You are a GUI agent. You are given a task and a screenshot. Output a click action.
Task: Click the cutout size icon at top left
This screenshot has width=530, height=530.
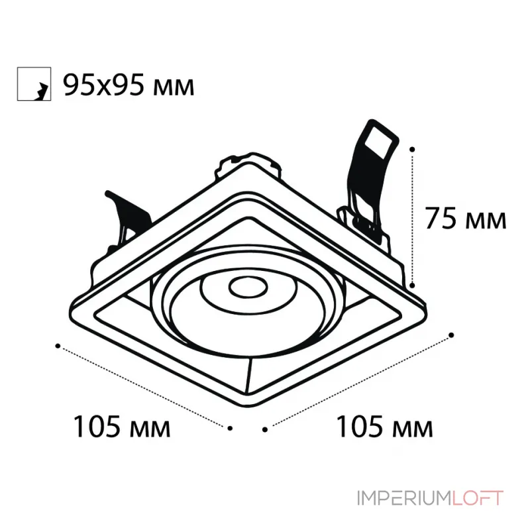coord(34,84)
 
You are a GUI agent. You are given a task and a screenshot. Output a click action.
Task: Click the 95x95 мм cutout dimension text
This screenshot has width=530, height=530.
coord(129,85)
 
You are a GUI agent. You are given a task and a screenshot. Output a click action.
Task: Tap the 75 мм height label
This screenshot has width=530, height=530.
coord(466,218)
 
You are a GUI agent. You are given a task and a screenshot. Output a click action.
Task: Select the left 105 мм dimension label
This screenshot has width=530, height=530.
coord(122,426)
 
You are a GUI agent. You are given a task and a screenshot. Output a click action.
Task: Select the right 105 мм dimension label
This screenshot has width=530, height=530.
coord(385,426)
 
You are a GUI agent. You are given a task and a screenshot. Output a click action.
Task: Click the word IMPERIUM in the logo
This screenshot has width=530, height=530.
coord(404,498)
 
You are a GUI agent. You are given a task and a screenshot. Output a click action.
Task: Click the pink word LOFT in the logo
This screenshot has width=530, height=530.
coord(478,498)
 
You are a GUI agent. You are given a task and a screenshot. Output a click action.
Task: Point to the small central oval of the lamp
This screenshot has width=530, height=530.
coord(248,288)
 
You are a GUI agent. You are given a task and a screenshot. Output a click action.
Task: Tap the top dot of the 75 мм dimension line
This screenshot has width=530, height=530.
coord(412,149)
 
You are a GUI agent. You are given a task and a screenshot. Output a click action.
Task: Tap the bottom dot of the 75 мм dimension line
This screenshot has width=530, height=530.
coord(412,286)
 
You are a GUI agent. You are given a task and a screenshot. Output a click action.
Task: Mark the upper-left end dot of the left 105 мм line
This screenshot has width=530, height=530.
coord(58,346)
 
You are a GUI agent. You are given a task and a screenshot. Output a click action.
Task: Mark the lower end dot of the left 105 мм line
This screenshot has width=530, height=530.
coord(230,428)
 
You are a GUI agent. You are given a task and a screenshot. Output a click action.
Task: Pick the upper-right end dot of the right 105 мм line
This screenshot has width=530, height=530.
coord(451,335)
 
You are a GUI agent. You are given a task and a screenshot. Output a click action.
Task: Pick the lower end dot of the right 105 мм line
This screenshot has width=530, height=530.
coord(265,429)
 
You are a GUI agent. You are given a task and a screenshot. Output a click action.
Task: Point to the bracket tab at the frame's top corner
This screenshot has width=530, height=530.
coord(248,164)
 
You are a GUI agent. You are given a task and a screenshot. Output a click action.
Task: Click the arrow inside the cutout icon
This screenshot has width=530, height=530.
coord(41,91)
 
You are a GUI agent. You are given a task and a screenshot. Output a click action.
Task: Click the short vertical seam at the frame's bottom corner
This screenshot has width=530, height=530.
coord(250,375)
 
